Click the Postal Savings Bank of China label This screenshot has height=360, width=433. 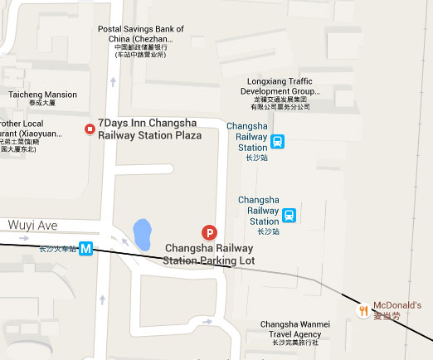140,34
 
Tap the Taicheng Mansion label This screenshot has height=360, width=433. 43,95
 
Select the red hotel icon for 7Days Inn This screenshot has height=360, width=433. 90,129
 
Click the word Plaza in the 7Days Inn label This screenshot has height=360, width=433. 188,135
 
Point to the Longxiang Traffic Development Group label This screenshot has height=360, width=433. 280,91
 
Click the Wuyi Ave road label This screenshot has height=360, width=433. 33,225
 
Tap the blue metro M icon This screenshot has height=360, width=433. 85,247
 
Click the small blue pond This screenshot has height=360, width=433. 142,233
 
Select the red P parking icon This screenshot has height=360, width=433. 210,234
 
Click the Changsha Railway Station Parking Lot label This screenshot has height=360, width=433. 210,254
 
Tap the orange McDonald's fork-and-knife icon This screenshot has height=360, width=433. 362,311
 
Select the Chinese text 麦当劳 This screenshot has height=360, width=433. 387,316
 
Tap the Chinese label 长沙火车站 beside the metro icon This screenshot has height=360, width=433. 56,247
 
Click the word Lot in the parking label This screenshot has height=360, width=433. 246,260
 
